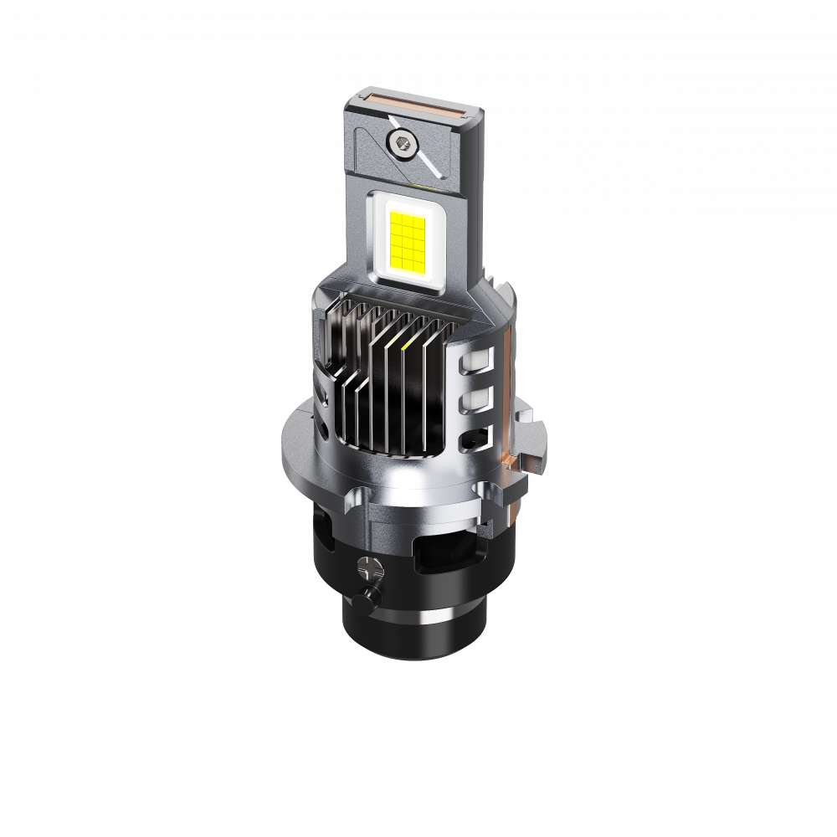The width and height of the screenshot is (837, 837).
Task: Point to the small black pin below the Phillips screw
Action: point(367,596)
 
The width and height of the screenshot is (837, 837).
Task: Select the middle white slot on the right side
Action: point(475,398)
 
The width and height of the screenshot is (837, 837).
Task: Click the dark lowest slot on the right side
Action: point(476,437)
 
